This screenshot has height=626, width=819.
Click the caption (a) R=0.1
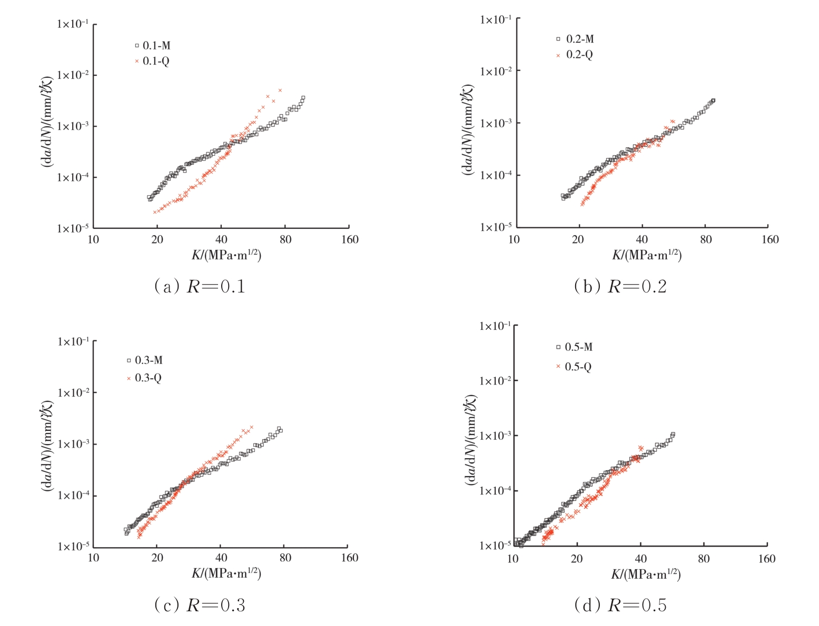click(x=200, y=286)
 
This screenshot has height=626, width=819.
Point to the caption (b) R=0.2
click(x=620, y=286)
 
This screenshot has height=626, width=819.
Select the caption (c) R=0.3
click(x=200, y=605)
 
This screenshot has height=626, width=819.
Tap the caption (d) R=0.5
click(x=620, y=605)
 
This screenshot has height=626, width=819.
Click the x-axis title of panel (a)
click(x=226, y=255)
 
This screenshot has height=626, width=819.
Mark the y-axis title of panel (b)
click(x=468, y=129)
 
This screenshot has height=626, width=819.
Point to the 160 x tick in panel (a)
click(x=350, y=240)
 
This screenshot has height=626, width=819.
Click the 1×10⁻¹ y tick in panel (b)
click(x=495, y=20)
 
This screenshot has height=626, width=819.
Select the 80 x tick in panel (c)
click(x=285, y=558)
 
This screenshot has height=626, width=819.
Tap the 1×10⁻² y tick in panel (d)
click(x=495, y=381)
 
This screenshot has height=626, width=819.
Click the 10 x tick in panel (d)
click(x=512, y=559)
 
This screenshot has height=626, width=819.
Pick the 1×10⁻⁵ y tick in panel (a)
click(x=73, y=228)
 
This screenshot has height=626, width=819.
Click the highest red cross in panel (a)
click(x=280, y=90)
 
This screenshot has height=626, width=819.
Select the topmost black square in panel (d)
click(x=673, y=435)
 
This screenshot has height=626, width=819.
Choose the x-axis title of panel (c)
click(x=226, y=573)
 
